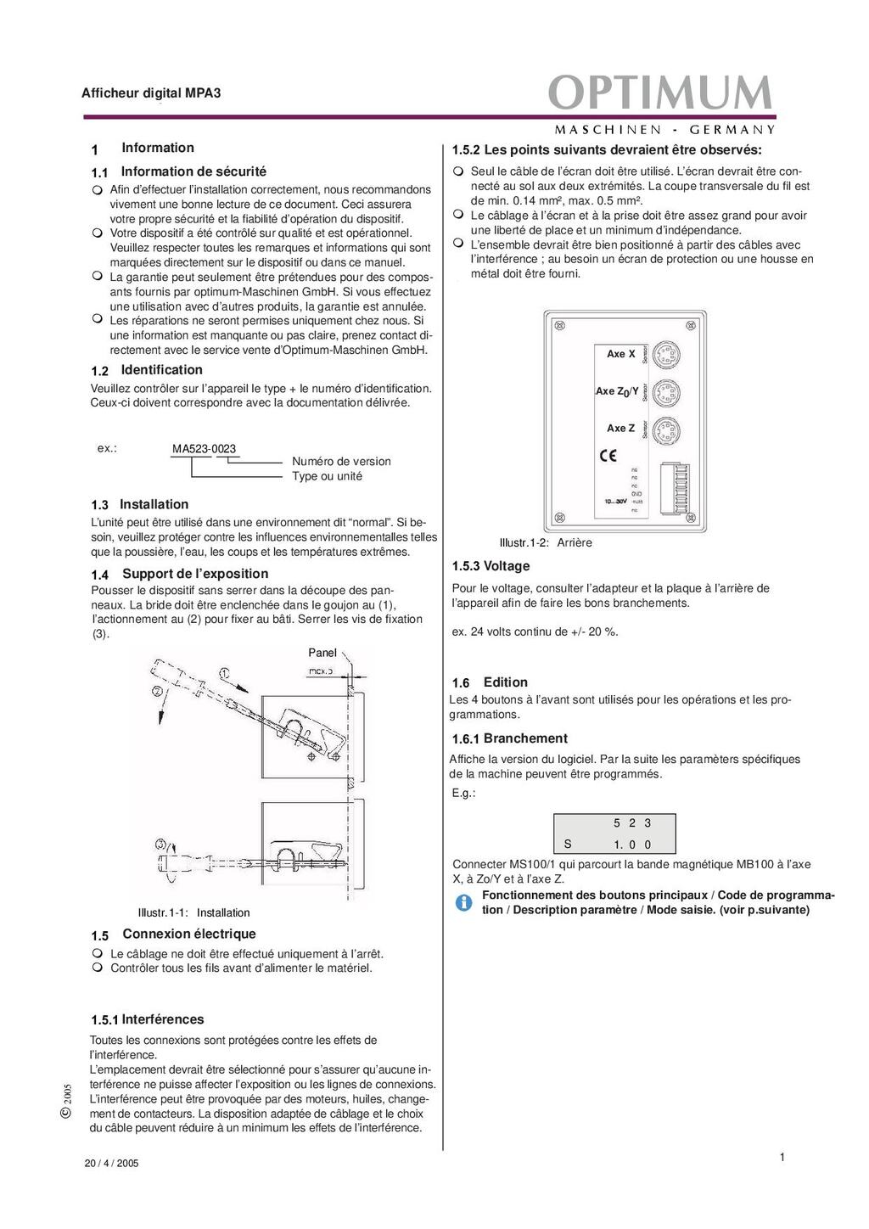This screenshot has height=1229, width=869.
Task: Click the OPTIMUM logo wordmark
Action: (x=660, y=93)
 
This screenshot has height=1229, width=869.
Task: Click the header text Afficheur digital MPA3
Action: (x=151, y=93)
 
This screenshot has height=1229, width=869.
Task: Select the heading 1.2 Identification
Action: (x=147, y=370)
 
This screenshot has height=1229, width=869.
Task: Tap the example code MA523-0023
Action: (x=204, y=449)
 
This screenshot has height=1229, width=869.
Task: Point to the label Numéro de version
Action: (x=341, y=462)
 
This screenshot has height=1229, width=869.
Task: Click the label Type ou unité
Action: (x=327, y=476)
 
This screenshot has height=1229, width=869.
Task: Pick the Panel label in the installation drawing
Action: (x=322, y=653)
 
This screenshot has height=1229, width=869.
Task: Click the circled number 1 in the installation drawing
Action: (x=224, y=673)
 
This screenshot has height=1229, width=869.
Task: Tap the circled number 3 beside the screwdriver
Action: (x=161, y=845)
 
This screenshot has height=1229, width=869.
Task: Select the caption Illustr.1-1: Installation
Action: (x=193, y=913)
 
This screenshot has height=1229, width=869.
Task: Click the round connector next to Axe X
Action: (x=667, y=354)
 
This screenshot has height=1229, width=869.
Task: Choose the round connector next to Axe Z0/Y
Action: (x=667, y=391)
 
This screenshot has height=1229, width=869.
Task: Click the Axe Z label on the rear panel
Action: (x=620, y=429)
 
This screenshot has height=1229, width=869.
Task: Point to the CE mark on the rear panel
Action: (x=608, y=456)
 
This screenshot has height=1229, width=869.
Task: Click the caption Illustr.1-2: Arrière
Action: (x=546, y=543)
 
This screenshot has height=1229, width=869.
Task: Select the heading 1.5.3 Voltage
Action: (x=491, y=566)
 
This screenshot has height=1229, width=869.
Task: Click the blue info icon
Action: (x=463, y=902)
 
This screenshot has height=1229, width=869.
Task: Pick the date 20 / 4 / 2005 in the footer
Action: (x=111, y=1164)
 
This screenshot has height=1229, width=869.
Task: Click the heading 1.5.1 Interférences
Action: (x=148, y=1019)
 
